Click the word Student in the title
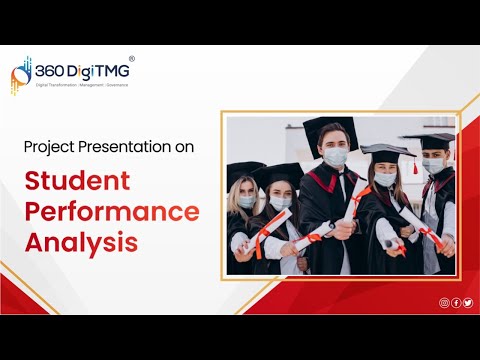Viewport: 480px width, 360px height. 78,182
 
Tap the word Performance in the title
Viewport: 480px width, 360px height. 112,212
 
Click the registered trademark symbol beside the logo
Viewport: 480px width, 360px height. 131,60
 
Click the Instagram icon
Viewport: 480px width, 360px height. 444,302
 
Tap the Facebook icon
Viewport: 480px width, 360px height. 456,302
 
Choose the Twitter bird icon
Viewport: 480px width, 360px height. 467,302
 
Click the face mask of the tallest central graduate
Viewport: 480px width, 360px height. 336,157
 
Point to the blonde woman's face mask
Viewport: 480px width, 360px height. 247,201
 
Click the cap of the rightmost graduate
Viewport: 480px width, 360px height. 430,141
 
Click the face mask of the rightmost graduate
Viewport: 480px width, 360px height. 432,166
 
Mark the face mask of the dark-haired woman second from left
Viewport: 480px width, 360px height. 282,203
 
